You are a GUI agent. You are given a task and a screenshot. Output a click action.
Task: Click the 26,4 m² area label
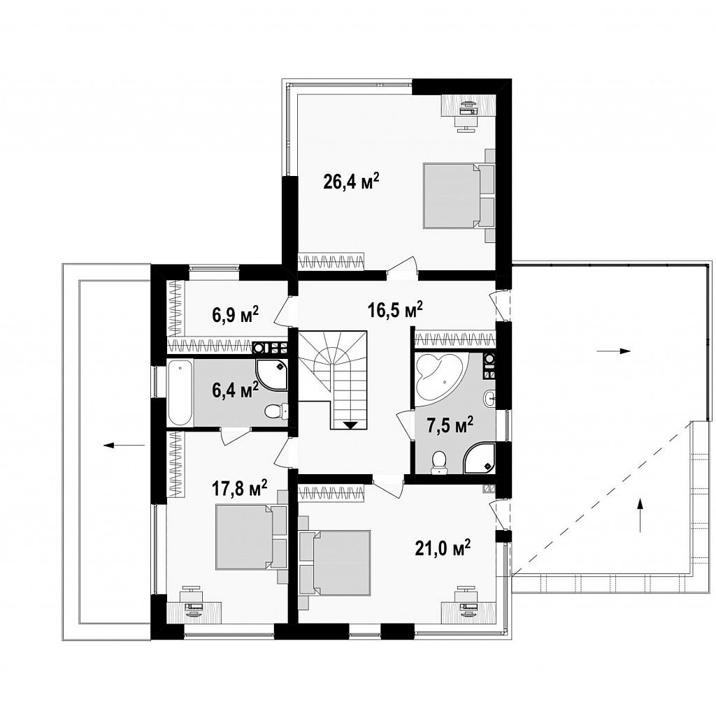click(x=351, y=182)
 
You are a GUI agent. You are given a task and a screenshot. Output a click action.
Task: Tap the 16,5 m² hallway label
click(x=395, y=310)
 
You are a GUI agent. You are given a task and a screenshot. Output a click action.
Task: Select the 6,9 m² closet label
click(x=236, y=315)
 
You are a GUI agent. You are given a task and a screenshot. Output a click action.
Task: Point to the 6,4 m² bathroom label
click(x=236, y=390)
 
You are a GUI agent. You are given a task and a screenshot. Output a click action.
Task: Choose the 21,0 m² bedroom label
click(x=443, y=547)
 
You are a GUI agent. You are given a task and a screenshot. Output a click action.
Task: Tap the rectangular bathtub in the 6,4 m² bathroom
click(x=180, y=393)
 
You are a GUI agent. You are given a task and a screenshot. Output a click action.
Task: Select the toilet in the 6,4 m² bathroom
click(x=275, y=411)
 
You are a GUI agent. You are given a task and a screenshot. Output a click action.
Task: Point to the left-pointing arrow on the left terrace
click(x=124, y=446)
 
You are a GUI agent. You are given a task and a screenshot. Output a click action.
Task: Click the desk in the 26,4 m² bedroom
click(x=468, y=105)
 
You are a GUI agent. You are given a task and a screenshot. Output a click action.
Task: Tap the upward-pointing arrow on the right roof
click(x=640, y=515)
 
